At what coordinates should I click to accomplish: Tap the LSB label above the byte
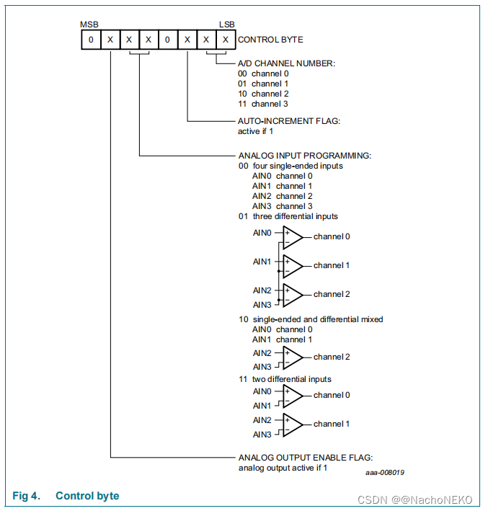tap(226, 25)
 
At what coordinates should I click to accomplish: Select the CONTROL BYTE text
tap(270, 40)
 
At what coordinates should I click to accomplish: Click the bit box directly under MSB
tap(91, 40)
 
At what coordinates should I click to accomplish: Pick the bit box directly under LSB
tap(225, 40)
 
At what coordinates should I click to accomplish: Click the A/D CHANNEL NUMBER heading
tap(286, 63)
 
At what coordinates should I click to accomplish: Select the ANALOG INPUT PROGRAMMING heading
tap(304, 155)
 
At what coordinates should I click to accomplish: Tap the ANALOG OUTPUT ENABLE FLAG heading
tap(305, 457)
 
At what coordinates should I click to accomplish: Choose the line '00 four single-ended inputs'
tap(291, 166)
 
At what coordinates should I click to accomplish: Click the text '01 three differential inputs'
tap(288, 216)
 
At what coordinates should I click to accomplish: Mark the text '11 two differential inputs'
tap(285, 379)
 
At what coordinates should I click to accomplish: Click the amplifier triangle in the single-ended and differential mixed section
tap(293, 357)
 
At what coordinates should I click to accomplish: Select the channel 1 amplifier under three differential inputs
tap(293, 266)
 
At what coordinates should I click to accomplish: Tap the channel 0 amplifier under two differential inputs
tap(293, 396)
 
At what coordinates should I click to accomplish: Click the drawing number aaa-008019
tap(384, 473)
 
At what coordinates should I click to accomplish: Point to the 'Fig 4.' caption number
tap(27, 496)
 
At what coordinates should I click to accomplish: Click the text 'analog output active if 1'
tap(283, 468)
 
